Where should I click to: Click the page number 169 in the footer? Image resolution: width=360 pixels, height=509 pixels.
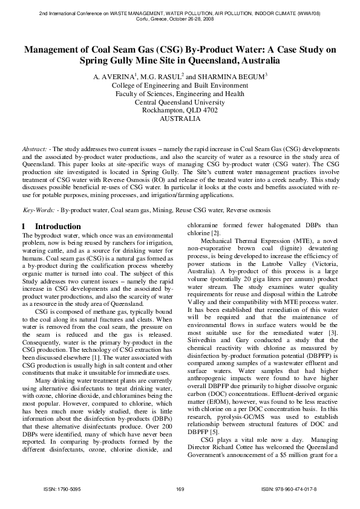(x=180, y=488)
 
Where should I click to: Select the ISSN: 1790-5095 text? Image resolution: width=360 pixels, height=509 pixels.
(x=61, y=488)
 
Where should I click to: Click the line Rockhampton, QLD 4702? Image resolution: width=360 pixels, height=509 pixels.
(x=180, y=111)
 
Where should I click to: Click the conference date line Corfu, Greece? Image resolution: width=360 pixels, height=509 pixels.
(x=180, y=18)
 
